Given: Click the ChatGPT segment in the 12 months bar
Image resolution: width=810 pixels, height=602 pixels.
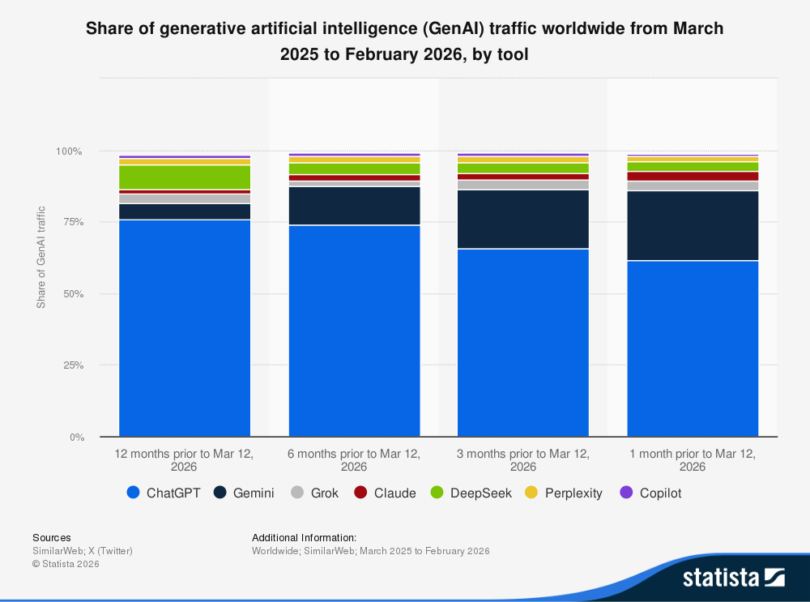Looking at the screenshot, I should pos(185,328).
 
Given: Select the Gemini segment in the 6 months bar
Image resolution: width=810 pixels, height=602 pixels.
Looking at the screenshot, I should pos(354,206).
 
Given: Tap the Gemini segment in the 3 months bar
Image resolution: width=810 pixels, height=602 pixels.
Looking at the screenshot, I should pos(523,219).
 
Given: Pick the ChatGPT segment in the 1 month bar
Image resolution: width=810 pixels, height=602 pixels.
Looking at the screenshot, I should pos(693,348).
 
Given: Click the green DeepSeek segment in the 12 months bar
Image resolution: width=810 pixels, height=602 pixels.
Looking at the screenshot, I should pos(185,177).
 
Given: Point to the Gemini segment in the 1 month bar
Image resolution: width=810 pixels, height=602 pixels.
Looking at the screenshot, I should pos(693,225).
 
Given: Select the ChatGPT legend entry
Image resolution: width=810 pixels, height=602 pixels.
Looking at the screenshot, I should pos(164,493).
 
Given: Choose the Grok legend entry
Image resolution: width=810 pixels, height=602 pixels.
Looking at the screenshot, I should pos(314,493).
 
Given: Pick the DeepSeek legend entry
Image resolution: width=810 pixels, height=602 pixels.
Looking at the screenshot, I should pos(471,493).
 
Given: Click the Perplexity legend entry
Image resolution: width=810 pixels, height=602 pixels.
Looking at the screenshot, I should pos(564,493).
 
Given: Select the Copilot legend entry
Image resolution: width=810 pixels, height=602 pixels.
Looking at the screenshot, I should pos(650,493).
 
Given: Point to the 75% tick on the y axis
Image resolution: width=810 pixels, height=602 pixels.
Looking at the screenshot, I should pos(71,222).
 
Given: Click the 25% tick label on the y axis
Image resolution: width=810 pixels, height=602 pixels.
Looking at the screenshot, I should pos(71,365).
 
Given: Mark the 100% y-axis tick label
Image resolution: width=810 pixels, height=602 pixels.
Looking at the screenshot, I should pos(69,152).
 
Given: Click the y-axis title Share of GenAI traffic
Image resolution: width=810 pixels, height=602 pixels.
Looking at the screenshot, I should pos(41,258).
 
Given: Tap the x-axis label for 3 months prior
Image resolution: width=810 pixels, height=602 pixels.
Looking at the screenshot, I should pos(523,460).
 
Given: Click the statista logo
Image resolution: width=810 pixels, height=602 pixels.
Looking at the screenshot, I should pos(733,577).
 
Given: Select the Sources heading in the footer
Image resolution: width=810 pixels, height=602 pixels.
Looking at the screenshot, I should pos(51,537).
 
